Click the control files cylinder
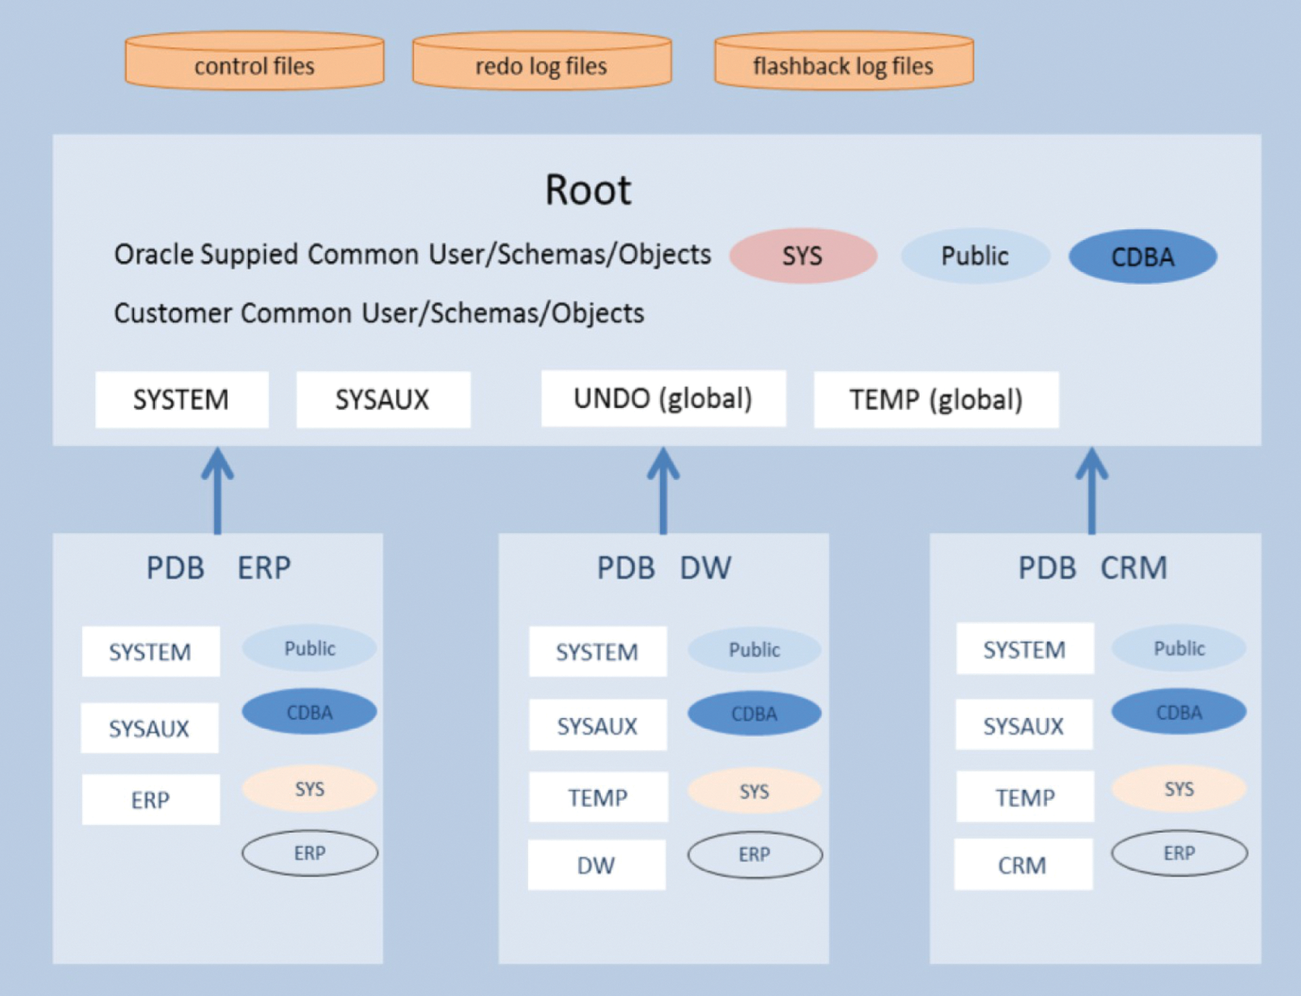254,62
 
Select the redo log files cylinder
541,62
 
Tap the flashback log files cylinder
844,62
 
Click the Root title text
588,190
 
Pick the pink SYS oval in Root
803,256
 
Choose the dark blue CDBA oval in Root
1142,257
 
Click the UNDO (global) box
663,399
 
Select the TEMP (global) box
936,400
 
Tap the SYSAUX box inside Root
383,400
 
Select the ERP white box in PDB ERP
150,800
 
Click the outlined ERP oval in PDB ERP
310,853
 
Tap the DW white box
596,865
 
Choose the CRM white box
1023,865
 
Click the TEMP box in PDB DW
598,797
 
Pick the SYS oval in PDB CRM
1179,789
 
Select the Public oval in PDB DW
754,650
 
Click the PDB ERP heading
218,568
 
